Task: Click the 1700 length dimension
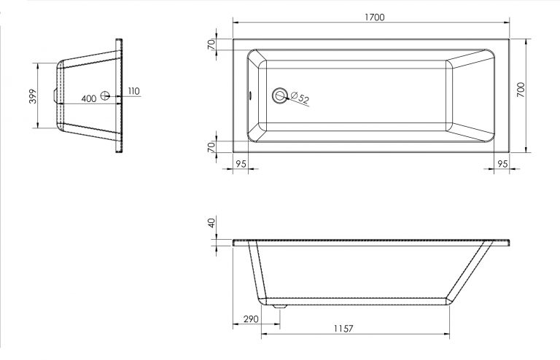click(x=375, y=17)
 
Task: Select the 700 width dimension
click(x=521, y=90)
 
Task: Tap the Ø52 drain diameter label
click(x=300, y=98)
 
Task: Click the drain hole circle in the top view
click(x=280, y=95)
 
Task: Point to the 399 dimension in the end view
click(x=33, y=96)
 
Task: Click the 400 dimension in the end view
click(x=88, y=98)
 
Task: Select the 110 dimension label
click(x=133, y=91)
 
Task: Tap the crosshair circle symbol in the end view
click(x=105, y=95)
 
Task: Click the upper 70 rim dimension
click(x=211, y=44)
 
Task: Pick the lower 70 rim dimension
click(x=211, y=146)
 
